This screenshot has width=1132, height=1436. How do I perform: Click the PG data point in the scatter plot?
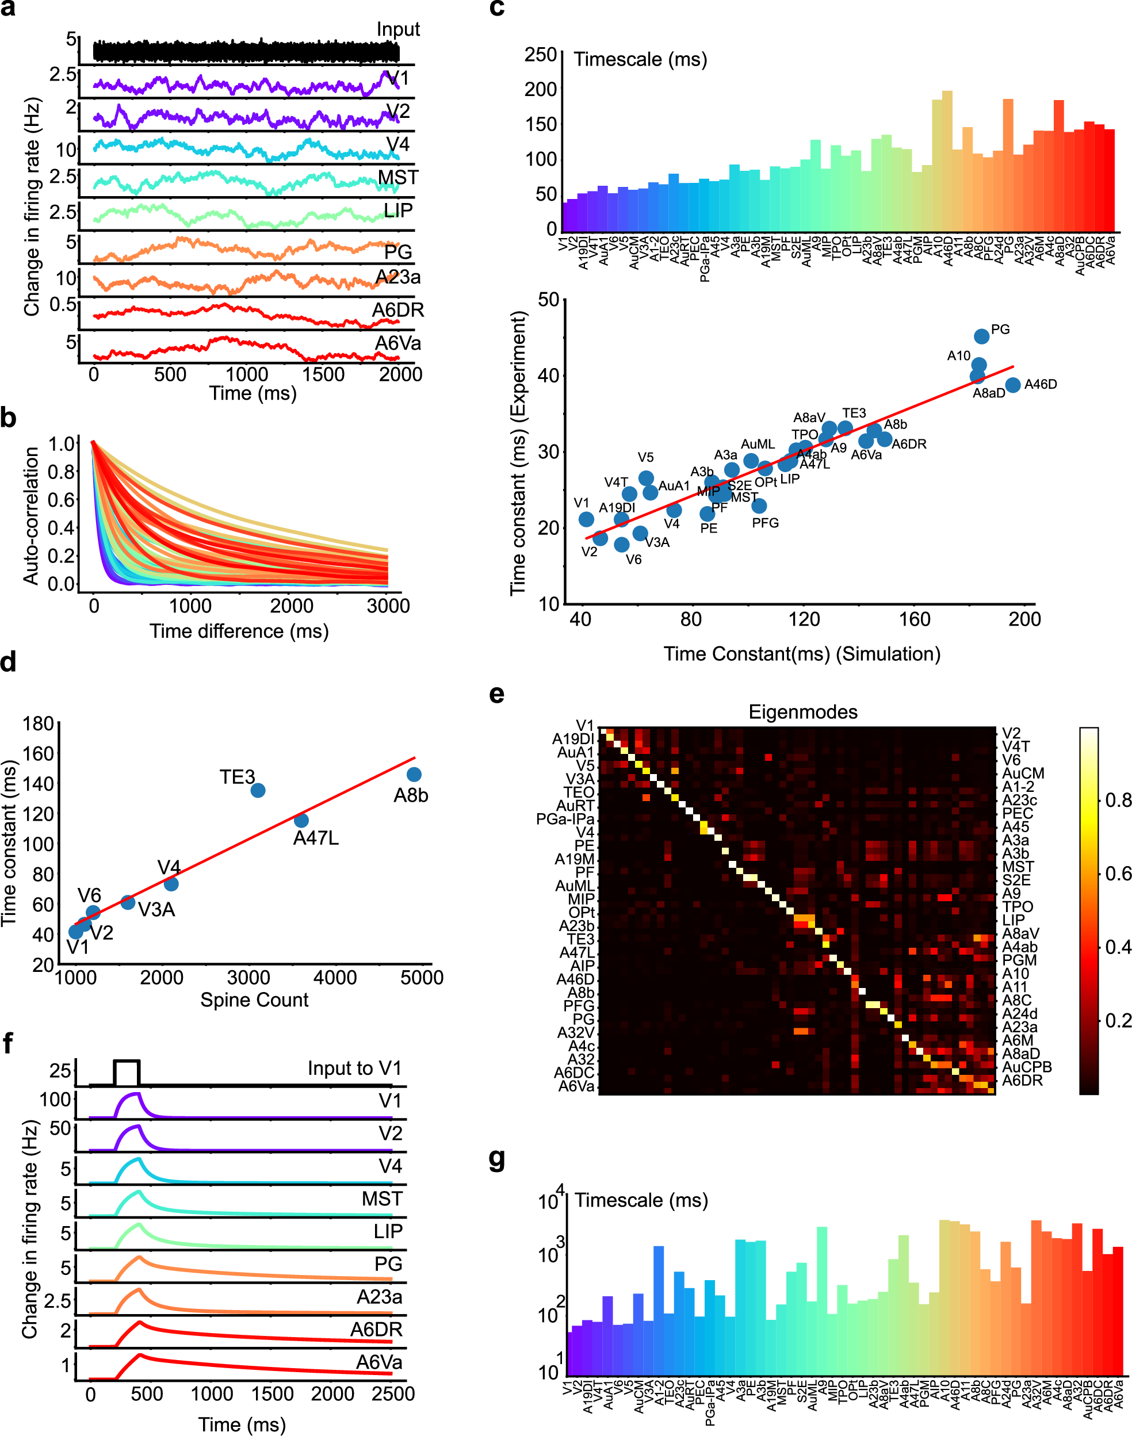981,336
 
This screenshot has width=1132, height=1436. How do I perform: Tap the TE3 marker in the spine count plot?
258,790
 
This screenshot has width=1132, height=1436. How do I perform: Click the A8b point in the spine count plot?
414,775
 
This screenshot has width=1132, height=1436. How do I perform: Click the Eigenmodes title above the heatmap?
802,712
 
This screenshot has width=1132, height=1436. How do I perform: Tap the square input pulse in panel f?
127,1071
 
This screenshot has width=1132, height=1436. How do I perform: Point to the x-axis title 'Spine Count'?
254,1000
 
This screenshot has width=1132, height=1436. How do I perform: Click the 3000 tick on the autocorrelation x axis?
388,606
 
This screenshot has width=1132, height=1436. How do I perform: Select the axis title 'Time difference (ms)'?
239,631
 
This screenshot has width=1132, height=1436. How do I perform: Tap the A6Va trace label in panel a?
397,343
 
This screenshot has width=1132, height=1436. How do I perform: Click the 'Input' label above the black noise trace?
397,29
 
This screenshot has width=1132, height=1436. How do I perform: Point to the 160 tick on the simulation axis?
914,619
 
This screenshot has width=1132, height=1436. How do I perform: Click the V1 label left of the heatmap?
584,726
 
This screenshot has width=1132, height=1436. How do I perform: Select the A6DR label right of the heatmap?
1022,1080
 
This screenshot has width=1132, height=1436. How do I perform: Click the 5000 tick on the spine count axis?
422,978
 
